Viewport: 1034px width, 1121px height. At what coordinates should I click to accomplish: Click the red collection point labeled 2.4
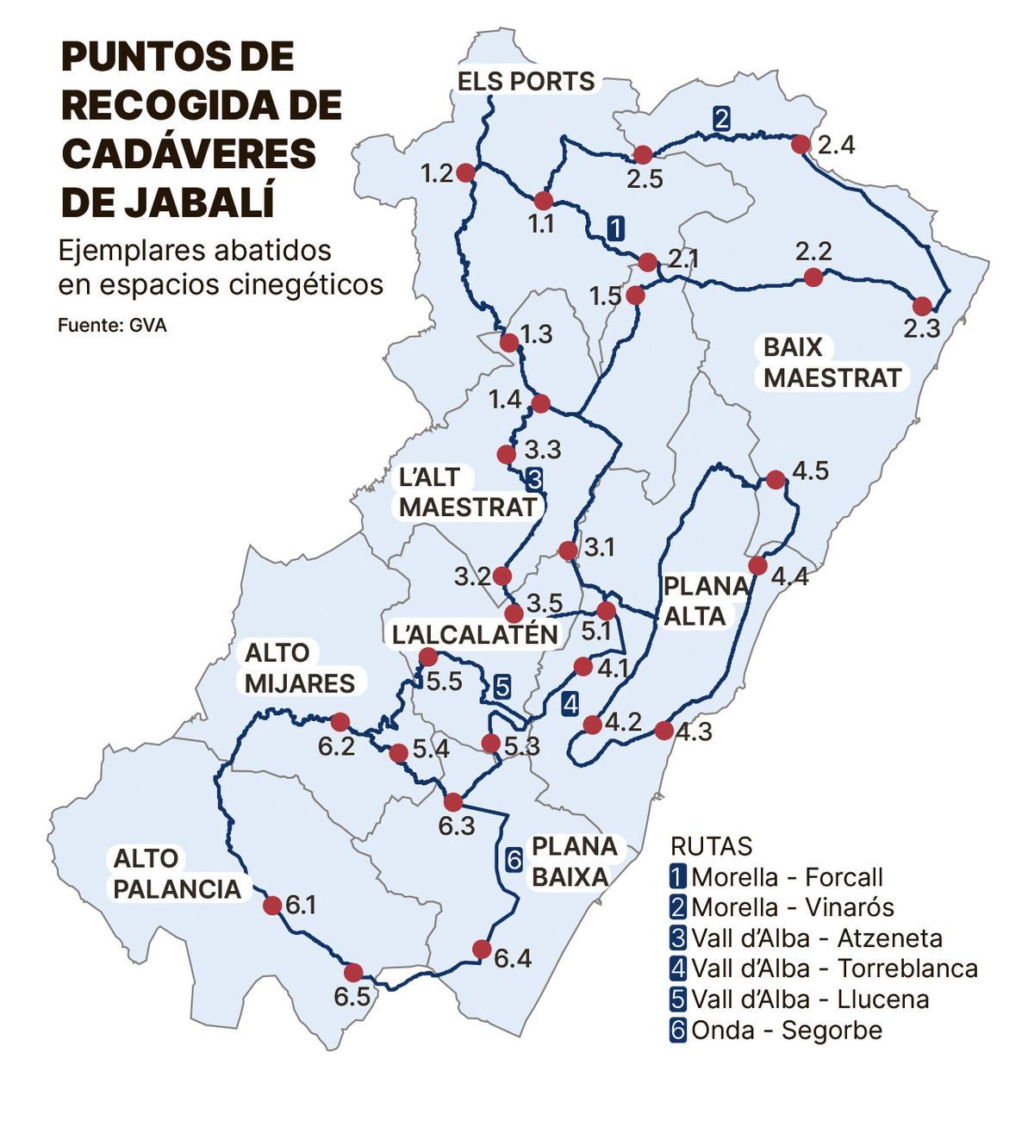801,144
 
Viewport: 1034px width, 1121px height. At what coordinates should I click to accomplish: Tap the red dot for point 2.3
922,305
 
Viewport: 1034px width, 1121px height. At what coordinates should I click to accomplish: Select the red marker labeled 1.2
465,173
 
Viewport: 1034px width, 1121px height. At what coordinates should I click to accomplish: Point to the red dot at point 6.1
272,905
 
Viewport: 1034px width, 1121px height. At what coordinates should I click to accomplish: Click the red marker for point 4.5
775,479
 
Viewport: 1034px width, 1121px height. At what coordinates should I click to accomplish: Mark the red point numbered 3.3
507,453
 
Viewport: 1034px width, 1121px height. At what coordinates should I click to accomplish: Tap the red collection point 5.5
427,658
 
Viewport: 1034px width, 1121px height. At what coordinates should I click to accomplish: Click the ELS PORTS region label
526,82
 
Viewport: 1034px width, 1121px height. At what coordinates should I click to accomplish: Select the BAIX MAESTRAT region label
832,363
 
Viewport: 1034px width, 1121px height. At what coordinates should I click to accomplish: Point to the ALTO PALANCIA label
177,874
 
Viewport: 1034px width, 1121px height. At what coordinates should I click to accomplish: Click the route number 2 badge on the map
722,119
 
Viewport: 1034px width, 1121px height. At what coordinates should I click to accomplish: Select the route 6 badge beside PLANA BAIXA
513,859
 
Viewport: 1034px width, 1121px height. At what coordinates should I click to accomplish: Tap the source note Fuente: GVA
112,326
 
